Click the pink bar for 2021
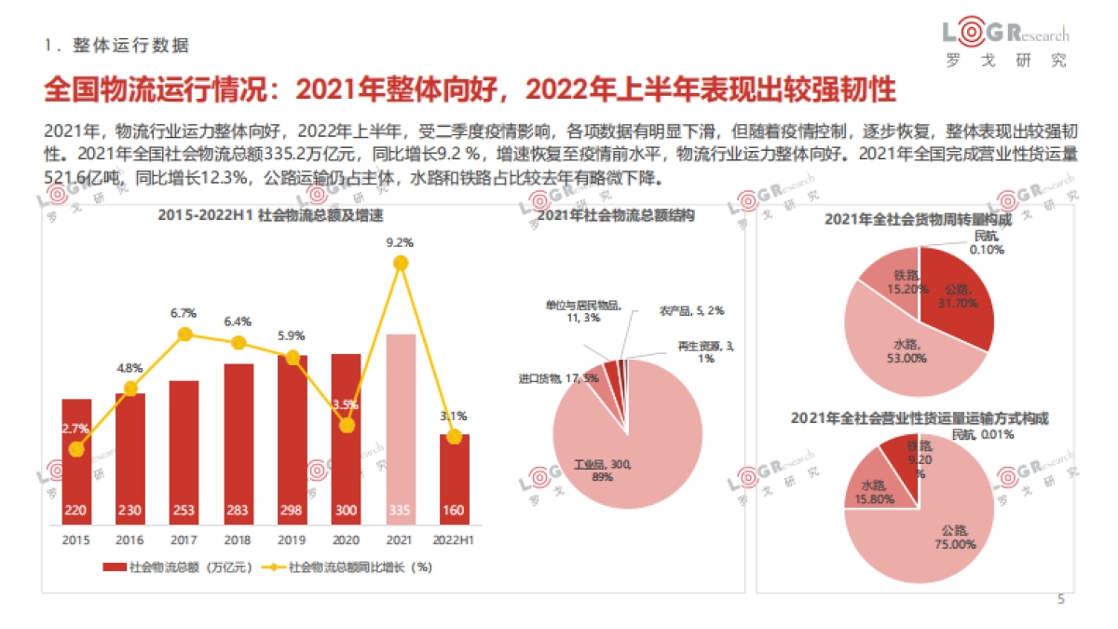pos(401,419)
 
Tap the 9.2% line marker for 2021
pos(402,264)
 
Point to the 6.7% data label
pos(184,313)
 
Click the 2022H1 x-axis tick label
pos(455,539)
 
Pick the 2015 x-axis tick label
pos(76,539)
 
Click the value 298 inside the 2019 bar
pos(293,511)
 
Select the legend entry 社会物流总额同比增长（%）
pos(359,566)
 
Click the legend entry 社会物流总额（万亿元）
pos(177,566)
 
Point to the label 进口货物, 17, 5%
pos(559,379)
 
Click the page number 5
pos(1060,599)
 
